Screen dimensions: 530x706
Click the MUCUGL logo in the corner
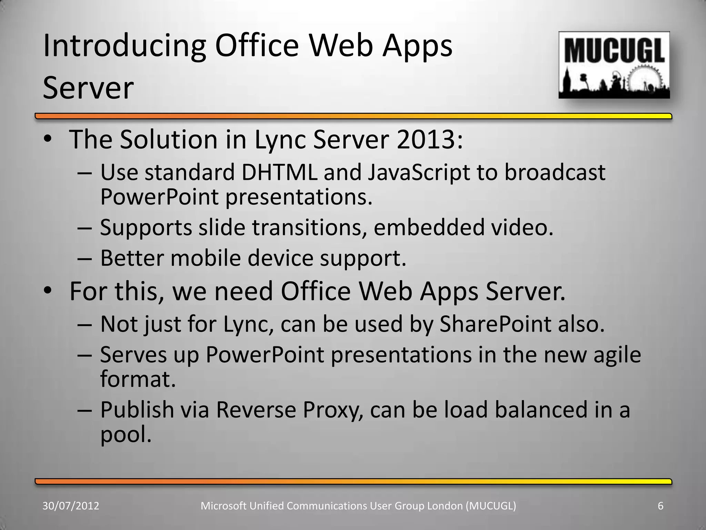coord(614,65)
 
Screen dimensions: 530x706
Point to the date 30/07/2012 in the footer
coord(71,506)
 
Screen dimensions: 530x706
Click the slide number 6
coord(660,506)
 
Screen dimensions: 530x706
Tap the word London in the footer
coord(445,506)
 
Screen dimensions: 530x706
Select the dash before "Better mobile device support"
coord(84,259)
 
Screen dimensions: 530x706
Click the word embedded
coord(429,228)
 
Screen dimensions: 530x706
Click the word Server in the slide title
coord(88,88)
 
